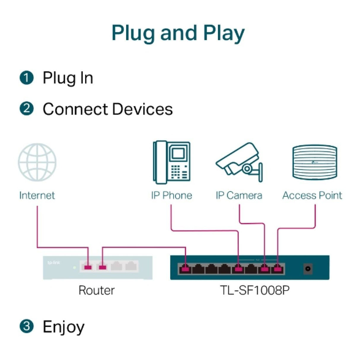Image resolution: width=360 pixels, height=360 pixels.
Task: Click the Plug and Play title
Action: click(x=178, y=33)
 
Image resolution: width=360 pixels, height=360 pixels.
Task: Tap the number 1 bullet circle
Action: click(x=27, y=78)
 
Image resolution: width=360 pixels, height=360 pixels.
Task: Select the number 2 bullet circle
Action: click(x=27, y=109)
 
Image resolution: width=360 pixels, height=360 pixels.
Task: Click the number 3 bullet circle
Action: click(x=27, y=326)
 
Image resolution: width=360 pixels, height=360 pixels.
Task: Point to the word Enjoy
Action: click(x=63, y=327)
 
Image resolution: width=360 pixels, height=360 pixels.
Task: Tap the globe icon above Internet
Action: click(x=37, y=162)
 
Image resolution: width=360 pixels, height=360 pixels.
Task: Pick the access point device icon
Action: click(x=315, y=162)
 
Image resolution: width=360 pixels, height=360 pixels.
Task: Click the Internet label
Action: click(x=37, y=195)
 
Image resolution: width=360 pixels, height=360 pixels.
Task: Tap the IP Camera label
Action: click(x=239, y=195)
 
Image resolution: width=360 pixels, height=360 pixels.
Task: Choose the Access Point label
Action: click(x=312, y=195)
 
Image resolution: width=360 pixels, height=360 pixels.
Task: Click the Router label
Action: click(x=97, y=290)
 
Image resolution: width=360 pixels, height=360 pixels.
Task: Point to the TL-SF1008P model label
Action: click(x=255, y=290)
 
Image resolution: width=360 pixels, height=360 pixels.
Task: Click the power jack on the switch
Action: click(x=308, y=269)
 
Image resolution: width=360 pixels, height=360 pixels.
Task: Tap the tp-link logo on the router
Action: click(x=54, y=262)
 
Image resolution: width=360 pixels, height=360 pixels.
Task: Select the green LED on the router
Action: click(x=74, y=267)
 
